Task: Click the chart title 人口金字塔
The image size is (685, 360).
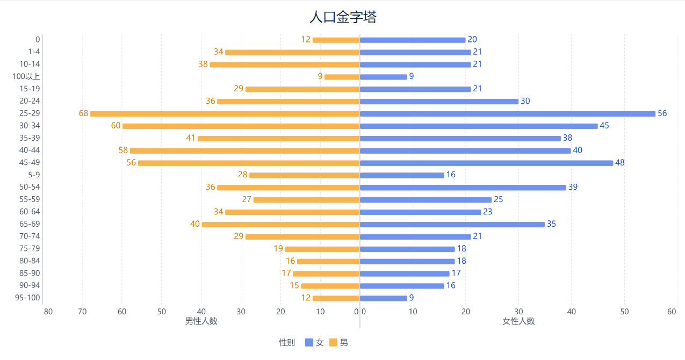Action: click(x=343, y=17)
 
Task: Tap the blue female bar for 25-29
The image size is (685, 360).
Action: click(x=507, y=114)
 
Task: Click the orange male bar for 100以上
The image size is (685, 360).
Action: click(x=342, y=77)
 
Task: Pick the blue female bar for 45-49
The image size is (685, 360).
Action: click(x=486, y=163)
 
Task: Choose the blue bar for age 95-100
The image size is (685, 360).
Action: click(x=383, y=298)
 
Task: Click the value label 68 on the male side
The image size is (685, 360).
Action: click(x=83, y=113)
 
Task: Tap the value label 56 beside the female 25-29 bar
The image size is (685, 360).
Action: click(x=662, y=113)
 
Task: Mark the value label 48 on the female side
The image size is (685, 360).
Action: click(x=619, y=163)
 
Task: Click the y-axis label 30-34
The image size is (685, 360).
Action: click(x=30, y=126)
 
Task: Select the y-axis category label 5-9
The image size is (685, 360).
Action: click(x=33, y=175)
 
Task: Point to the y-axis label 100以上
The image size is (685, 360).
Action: click(x=26, y=76)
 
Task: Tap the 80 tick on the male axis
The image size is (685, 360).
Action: click(x=48, y=312)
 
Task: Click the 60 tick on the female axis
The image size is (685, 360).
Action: click(x=672, y=312)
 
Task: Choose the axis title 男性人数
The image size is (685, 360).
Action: click(x=201, y=321)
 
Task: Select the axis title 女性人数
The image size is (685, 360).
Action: click(x=518, y=321)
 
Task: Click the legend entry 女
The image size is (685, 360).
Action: click(x=315, y=342)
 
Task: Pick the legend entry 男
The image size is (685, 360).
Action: click(x=339, y=342)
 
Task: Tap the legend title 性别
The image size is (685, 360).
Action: click(x=286, y=342)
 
